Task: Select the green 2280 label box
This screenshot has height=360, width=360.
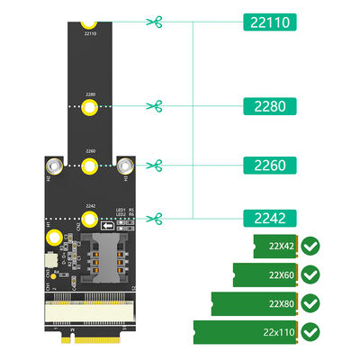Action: pyautogui.click(x=274, y=107)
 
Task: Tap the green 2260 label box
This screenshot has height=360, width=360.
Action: pyautogui.click(x=274, y=166)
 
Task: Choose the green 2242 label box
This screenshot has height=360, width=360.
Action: pyautogui.click(x=274, y=217)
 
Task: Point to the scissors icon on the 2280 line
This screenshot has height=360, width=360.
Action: pyautogui.click(x=157, y=107)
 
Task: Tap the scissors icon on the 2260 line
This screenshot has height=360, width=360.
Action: pyautogui.click(x=157, y=166)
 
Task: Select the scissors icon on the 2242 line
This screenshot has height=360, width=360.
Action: pyautogui.click(x=157, y=217)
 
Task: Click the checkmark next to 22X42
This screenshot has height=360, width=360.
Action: pyautogui.click(x=310, y=245)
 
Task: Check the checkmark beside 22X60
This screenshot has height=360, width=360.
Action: pyautogui.click(x=310, y=274)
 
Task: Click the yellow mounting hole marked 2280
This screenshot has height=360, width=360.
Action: pyautogui.click(x=89, y=108)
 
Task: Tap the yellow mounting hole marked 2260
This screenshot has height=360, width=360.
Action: pyautogui.click(x=89, y=166)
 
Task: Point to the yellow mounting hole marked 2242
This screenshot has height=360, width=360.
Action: pyautogui.click(x=89, y=218)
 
